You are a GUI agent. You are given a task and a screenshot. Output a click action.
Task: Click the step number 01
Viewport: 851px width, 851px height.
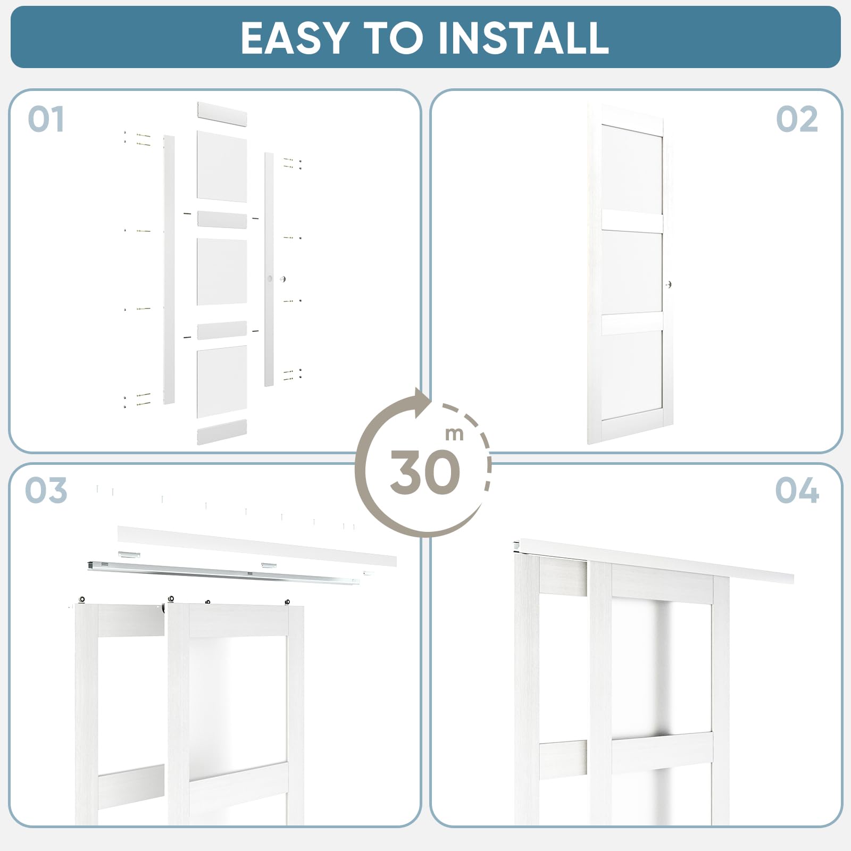tap(46, 119)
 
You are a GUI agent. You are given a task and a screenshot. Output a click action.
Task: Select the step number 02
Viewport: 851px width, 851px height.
tap(797, 119)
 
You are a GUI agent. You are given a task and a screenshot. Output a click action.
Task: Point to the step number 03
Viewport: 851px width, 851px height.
tap(46, 490)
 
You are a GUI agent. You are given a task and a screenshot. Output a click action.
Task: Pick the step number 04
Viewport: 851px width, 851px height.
tap(797, 490)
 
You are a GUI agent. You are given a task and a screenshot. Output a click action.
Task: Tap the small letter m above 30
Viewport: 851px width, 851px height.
tap(455, 434)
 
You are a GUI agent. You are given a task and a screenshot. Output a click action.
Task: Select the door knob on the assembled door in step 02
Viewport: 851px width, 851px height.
tap(669, 285)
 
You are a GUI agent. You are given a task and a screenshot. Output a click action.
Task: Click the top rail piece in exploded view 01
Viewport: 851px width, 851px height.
tap(222, 114)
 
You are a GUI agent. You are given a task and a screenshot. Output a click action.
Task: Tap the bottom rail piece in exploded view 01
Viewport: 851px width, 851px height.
tap(222, 432)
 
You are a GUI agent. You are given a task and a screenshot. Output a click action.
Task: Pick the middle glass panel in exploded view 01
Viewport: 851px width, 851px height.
tap(222, 272)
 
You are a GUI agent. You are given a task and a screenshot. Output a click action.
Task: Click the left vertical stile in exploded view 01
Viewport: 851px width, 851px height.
tap(169, 270)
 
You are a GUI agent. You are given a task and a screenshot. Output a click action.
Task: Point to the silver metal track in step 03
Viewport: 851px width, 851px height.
tap(223, 571)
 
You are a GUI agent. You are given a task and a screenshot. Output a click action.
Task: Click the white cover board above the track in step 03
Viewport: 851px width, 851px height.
tap(257, 546)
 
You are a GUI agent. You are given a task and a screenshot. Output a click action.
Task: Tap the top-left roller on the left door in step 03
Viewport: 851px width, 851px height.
tap(82, 600)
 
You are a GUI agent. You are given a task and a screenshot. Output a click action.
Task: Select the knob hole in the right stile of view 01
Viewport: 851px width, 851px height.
tap(270, 279)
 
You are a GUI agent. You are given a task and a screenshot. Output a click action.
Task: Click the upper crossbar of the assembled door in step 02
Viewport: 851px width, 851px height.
tap(632, 221)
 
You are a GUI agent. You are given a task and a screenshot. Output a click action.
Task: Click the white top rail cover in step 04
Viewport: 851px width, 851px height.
tap(653, 561)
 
